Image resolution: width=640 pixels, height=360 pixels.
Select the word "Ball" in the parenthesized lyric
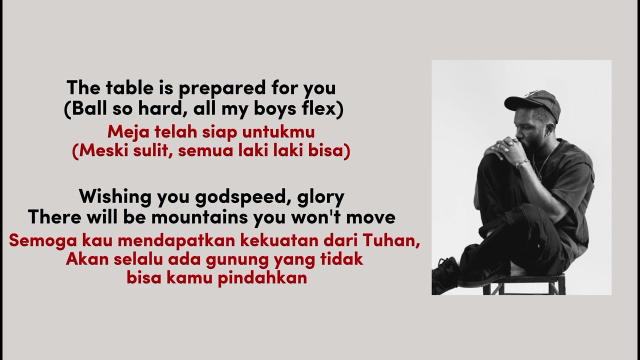click(84, 109)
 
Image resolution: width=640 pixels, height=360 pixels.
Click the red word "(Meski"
click(97, 151)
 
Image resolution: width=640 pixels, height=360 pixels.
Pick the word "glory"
click(320, 197)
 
